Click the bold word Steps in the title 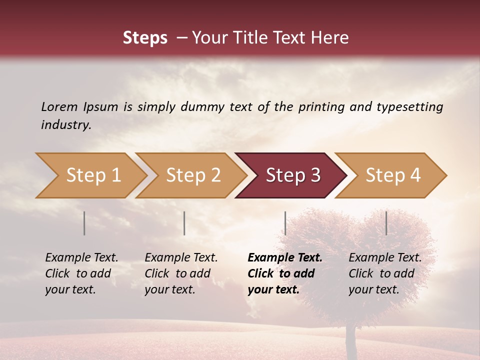pyautogui.click(x=145, y=38)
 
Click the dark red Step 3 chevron pyautogui.click(x=291, y=175)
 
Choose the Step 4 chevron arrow pyautogui.click(x=391, y=175)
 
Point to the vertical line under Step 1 pyautogui.click(x=84, y=223)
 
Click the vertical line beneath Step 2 pyautogui.click(x=184, y=223)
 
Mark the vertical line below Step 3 pyautogui.click(x=285, y=223)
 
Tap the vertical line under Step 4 pyautogui.click(x=386, y=223)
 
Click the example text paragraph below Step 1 pyautogui.click(x=81, y=273)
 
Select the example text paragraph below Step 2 pyautogui.click(x=181, y=273)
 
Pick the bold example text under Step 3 pyautogui.click(x=285, y=273)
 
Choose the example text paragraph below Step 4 pyautogui.click(x=385, y=273)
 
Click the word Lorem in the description pyautogui.click(x=59, y=106)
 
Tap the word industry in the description pyautogui.click(x=65, y=125)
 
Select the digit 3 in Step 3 pyautogui.click(x=315, y=175)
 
